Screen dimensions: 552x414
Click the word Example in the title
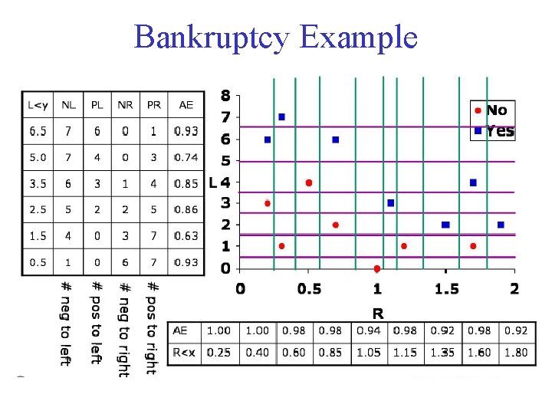360,37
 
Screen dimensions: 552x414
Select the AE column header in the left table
186,105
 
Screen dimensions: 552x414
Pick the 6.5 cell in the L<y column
38,131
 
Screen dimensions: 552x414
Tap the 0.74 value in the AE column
186,157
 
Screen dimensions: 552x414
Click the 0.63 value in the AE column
186,236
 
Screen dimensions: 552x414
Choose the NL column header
68,105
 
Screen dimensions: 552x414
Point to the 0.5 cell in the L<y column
38,262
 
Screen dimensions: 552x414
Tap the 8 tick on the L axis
225,96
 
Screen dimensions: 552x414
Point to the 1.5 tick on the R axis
445,288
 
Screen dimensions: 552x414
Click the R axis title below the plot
377,312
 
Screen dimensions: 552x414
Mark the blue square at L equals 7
281,117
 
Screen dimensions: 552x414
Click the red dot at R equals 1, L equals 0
376,268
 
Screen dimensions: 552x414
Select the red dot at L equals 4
308,182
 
